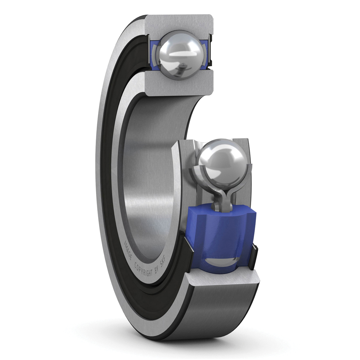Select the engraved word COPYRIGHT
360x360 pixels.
(x=143, y=263)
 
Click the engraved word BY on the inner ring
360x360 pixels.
(x=156, y=271)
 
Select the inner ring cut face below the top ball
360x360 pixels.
(x=180, y=84)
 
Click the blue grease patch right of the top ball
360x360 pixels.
(x=203, y=54)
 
